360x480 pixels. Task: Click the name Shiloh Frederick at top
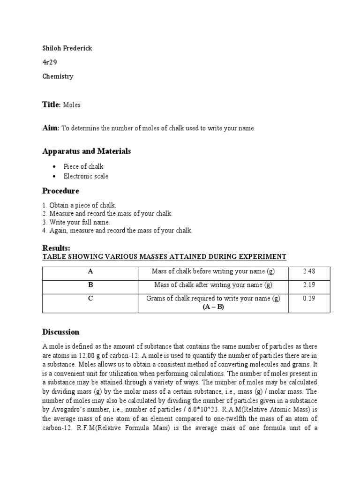[67, 49]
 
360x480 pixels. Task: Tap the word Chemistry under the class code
[58, 76]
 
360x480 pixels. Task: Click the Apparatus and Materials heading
[87, 151]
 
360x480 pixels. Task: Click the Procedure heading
[60, 191]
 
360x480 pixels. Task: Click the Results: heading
[56, 247]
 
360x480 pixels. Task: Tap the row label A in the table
[90, 271]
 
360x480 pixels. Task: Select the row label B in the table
[90, 285]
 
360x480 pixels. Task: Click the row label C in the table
[90, 299]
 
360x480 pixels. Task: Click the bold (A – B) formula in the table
[213, 307]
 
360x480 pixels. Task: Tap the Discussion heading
[61, 332]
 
